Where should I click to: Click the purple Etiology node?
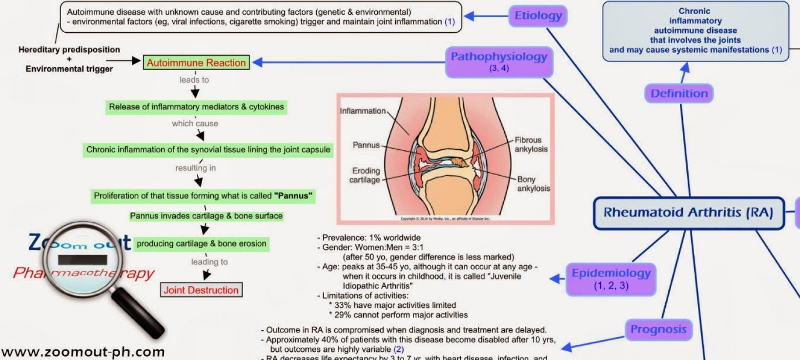coord(538,16)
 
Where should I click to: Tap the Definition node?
coord(679,93)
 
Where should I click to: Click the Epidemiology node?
coord(611,279)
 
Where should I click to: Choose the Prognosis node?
coord(658,330)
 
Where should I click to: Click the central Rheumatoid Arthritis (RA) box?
coord(688,213)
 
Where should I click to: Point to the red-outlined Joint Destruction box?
coord(201,290)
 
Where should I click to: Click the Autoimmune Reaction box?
coord(196,62)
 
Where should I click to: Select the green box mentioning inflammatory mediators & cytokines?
coord(196,107)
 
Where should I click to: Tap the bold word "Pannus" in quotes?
coord(293,196)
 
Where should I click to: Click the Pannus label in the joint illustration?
coord(366,145)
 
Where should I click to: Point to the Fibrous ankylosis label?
coord(531,144)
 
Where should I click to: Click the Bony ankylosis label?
coord(533,184)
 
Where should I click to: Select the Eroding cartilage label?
coord(365,175)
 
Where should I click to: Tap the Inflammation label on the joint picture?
coord(363,111)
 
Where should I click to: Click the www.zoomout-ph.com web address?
coord(83,352)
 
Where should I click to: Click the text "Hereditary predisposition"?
coord(69,49)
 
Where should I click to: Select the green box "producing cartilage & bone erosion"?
coord(201,243)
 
